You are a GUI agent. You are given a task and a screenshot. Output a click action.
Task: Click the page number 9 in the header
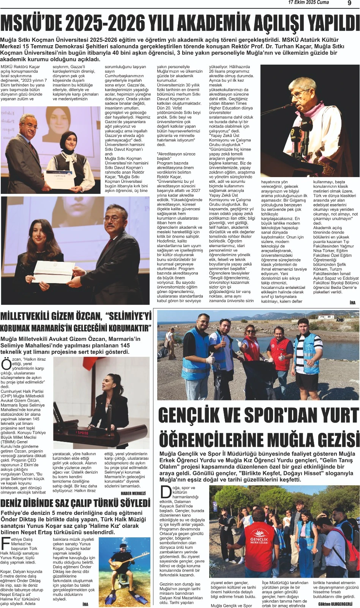[349, 3]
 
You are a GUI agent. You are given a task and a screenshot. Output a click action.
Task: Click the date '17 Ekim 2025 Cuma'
[308, 3]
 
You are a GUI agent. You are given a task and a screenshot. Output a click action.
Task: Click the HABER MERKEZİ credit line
[133, 493]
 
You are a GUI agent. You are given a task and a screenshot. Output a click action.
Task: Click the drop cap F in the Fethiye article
[5, 544]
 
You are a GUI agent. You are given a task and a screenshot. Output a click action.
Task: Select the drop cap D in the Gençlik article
[166, 492]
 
